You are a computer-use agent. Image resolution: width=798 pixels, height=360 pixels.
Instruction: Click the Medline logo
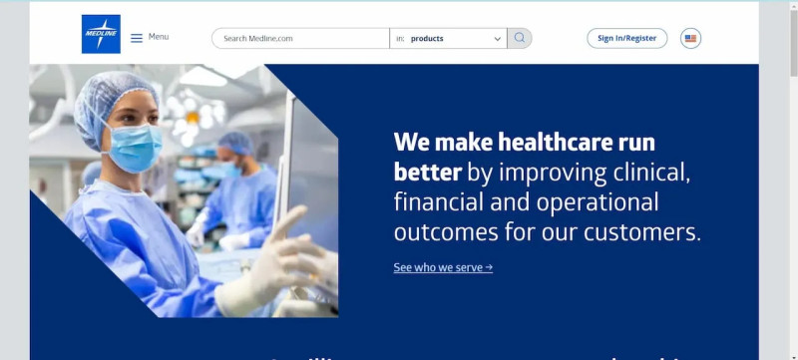(101, 34)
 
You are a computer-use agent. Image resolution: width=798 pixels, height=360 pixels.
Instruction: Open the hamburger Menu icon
(137, 38)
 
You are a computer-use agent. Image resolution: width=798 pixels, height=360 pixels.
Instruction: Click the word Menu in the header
(159, 37)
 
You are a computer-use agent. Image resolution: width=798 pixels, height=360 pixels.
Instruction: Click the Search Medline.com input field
(300, 39)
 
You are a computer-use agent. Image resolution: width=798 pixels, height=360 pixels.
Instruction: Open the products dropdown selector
(448, 39)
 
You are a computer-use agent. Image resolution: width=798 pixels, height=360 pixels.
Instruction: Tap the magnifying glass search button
(520, 38)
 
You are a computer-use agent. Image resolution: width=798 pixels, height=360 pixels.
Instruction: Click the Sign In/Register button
(626, 38)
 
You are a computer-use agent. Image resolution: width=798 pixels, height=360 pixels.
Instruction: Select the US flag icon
(690, 38)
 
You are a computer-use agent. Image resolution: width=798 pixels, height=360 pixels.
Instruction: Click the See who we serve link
(443, 267)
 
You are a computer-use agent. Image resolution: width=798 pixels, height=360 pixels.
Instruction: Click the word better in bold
(427, 172)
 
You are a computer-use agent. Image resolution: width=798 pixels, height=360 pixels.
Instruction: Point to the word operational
(598, 202)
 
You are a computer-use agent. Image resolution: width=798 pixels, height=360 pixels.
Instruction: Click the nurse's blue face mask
(134, 147)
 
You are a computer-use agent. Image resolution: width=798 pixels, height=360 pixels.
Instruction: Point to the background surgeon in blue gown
(242, 194)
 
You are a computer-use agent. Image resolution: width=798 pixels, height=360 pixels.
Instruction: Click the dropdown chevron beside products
(498, 39)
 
